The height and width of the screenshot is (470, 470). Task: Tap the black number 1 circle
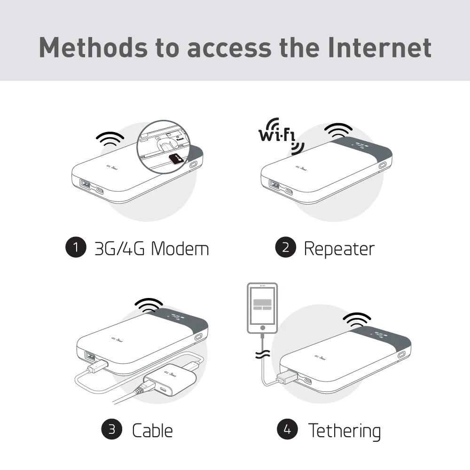coord(76,248)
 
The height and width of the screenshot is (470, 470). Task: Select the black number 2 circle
coord(285,248)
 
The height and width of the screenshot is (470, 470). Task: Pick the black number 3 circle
coord(112,430)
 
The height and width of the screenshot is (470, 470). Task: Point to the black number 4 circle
coord(287,430)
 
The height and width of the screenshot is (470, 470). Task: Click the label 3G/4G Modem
coord(152,248)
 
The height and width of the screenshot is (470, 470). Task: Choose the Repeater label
coord(339,248)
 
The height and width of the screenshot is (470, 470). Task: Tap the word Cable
coord(152,430)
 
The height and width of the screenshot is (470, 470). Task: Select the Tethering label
coord(344,430)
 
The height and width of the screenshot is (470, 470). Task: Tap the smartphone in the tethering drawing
coord(262,308)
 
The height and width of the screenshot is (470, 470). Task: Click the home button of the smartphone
coord(262,328)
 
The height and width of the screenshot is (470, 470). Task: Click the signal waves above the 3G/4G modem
coord(110,139)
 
